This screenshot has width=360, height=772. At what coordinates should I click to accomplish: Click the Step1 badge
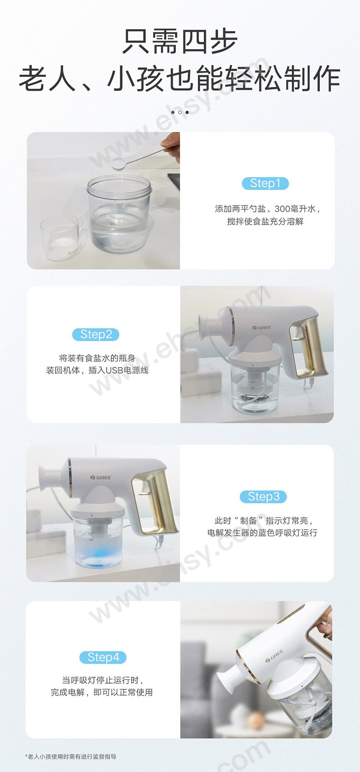pyautogui.click(x=265, y=184)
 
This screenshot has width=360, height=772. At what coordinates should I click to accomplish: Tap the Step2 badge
pyautogui.click(x=96, y=334)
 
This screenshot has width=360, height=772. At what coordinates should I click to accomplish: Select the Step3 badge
pyautogui.click(x=263, y=496)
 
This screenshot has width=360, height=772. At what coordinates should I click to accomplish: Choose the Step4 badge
pyautogui.click(x=103, y=657)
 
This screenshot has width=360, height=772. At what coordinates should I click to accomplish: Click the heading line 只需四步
pyautogui.click(x=180, y=42)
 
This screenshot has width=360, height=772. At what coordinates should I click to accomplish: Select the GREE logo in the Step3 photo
pyautogui.click(x=101, y=477)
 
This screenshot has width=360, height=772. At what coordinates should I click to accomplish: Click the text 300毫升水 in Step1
pyautogui.click(x=295, y=209)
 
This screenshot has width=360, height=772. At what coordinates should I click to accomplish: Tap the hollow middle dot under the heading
pyautogui.click(x=180, y=112)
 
